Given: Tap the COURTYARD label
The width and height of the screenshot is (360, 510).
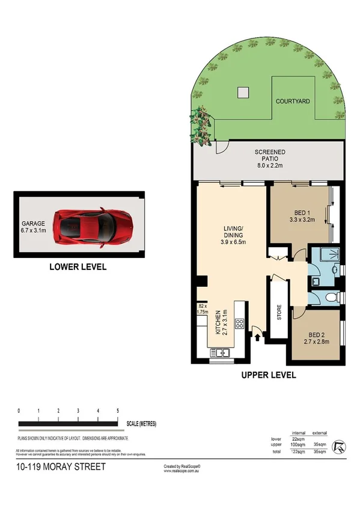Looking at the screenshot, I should pyautogui.click(x=293, y=102).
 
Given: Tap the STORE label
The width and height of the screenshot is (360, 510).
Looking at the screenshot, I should pyautogui.click(x=279, y=315).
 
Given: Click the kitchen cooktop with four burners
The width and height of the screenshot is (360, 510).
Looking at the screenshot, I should pyautogui.click(x=238, y=324).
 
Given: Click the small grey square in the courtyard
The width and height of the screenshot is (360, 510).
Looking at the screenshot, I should pyautogui.click(x=242, y=92).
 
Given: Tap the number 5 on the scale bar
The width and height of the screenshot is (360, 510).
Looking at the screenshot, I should pyautogui.click(x=118, y=411).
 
